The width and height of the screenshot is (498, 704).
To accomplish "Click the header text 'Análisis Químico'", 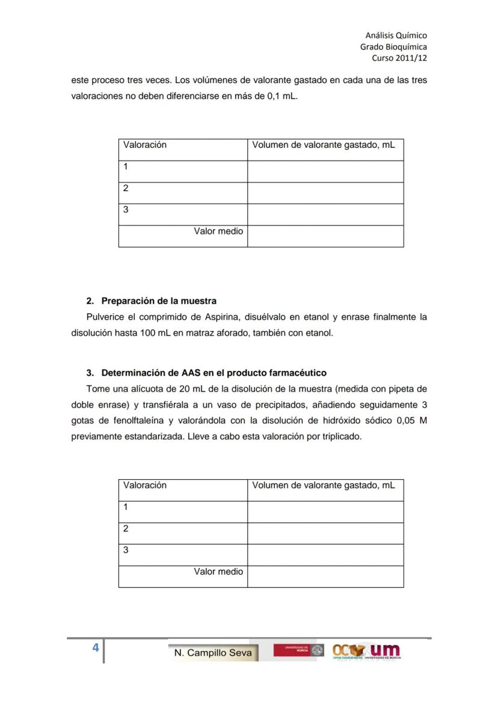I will tap(396, 35).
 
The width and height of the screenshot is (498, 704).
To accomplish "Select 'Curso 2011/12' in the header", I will tap(400, 58).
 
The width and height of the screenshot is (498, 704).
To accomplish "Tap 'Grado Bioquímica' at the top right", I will tap(393, 47).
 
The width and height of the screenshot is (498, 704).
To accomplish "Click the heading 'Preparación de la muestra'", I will tap(159, 301).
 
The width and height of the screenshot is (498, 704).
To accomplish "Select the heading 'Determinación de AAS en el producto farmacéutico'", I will tap(214, 373).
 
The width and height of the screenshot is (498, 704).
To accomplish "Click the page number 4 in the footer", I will tap(95, 647).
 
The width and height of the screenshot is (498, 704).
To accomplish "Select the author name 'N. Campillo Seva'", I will tap(213, 653).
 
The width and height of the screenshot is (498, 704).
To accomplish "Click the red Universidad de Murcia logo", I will tap(298, 650).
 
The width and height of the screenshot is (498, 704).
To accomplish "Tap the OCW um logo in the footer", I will tap(366, 651).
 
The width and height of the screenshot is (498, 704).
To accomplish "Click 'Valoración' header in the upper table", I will tap(145, 145).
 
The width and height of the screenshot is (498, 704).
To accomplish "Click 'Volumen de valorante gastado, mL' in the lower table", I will tap(324, 485).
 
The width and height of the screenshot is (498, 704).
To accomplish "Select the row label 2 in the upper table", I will tap(126, 188).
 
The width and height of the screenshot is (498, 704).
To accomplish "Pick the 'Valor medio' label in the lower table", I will tap(218, 571).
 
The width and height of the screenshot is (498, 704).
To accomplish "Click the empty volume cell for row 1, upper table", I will tap(325, 171).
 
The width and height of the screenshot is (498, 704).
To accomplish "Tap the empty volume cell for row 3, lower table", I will tap(325, 555).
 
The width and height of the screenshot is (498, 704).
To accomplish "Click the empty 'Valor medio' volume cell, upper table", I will tap(325, 236).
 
